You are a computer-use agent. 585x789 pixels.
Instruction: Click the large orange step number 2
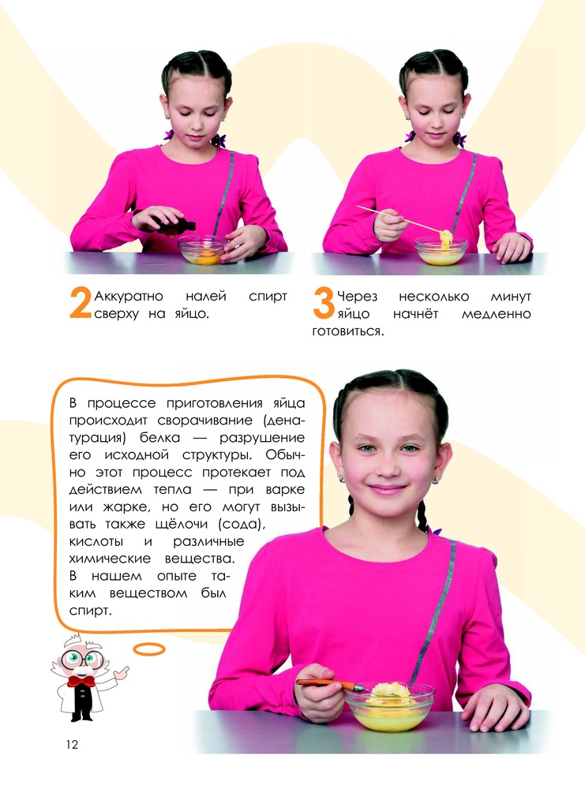tap(81, 303)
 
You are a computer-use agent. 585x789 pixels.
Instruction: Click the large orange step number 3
tap(323, 303)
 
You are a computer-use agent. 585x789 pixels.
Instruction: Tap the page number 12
tap(72, 745)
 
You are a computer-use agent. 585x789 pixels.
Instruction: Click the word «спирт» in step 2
tap(268, 297)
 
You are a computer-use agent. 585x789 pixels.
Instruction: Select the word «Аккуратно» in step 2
tap(129, 297)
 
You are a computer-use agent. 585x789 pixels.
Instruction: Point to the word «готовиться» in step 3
tap(347, 331)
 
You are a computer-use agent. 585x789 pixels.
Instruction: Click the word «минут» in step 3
tap(511, 297)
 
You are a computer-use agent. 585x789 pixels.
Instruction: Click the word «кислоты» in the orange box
tap(96, 542)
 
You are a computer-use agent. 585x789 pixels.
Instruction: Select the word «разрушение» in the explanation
tap(262, 438)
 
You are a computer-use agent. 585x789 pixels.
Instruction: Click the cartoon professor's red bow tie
tap(81, 682)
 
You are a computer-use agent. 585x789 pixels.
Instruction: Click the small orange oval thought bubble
tap(149, 649)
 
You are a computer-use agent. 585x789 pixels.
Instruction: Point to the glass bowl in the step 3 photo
tap(441, 251)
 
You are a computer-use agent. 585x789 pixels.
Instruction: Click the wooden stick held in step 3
tap(398, 219)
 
